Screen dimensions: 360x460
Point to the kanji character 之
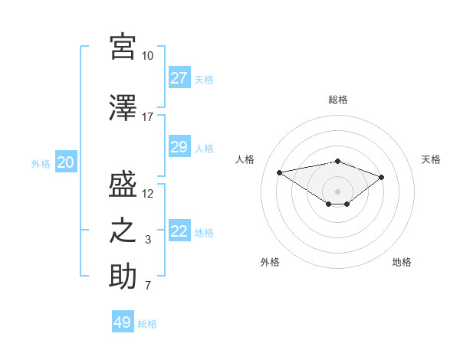click(123, 231)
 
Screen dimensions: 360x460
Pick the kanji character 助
click(123, 277)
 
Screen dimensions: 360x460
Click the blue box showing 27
click(179, 78)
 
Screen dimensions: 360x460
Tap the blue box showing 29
click(179, 147)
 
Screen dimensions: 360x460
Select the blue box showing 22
click(179, 232)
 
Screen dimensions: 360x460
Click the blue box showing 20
click(66, 162)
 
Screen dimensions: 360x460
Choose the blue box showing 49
click(123, 322)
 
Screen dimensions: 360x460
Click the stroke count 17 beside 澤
click(147, 117)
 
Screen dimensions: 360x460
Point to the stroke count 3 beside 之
click(147, 240)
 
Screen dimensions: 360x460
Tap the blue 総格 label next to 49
click(147, 324)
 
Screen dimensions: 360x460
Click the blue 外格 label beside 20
click(41, 163)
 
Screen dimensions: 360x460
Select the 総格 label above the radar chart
click(337, 100)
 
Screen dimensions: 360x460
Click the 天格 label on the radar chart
click(431, 159)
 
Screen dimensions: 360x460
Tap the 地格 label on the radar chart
click(402, 262)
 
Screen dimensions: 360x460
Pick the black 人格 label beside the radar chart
click(245, 159)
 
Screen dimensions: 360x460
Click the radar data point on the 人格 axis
click(280, 172)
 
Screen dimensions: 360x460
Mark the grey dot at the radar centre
click(337, 191)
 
